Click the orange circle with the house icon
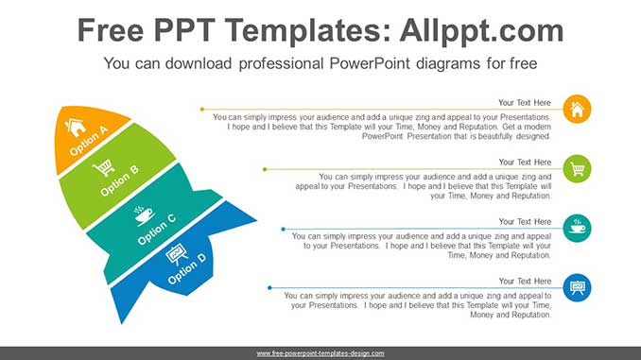pyautogui.click(x=577, y=110)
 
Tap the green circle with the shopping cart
pyautogui.click(x=577, y=169)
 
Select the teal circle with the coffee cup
pyautogui.click(x=577, y=228)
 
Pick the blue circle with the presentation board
pyautogui.click(x=577, y=287)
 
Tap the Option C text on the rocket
pyautogui.click(x=156, y=229)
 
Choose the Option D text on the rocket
pyautogui.click(x=183, y=266)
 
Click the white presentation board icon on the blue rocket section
pyautogui.click(x=177, y=253)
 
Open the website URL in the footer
pyautogui.click(x=320, y=352)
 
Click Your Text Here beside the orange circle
pyautogui.click(x=525, y=102)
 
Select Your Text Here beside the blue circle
pyautogui.click(x=525, y=281)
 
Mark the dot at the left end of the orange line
pyautogui.click(x=201, y=110)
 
